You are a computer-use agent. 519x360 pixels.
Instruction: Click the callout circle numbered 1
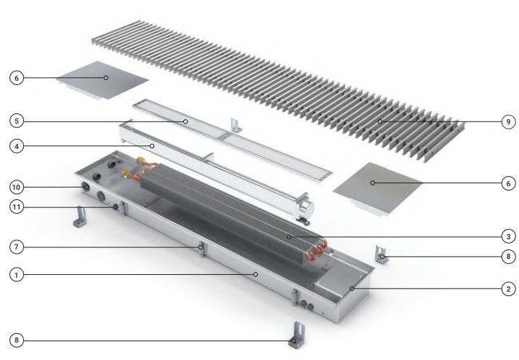click(x=17, y=275)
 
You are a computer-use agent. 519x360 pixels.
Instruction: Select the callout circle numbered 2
click(x=508, y=289)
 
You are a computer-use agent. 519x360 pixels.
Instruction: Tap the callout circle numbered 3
click(x=508, y=236)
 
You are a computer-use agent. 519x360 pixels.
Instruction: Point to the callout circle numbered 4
click(x=17, y=146)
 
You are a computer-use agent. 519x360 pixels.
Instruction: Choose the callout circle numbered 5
click(x=17, y=121)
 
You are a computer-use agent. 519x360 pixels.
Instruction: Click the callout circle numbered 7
click(x=17, y=247)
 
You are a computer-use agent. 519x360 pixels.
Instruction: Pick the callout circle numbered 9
click(x=508, y=122)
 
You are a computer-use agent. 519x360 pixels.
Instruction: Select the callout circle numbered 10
click(x=17, y=187)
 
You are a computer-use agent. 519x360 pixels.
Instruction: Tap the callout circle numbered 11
click(x=17, y=207)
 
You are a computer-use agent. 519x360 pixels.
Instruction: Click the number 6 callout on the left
click(x=17, y=78)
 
